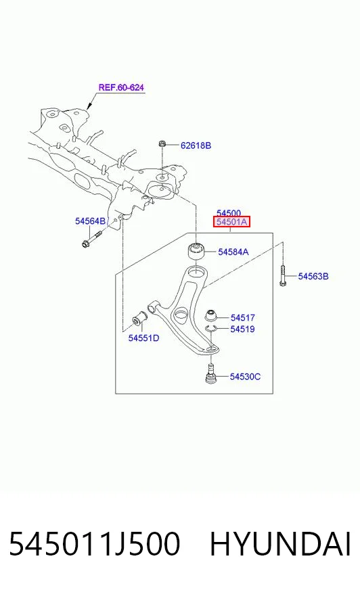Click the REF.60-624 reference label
tap(121, 87)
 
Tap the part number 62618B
tap(196, 145)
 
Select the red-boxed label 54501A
tap(231, 222)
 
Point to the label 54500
tap(229, 213)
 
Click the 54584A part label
tap(233, 252)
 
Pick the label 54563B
tap(313, 277)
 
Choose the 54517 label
tap(243, 318)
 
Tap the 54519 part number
tap(243, 330)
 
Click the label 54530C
tap(245, 377)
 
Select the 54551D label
tap(143, 338)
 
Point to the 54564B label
tap(90, 221)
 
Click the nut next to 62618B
tap(162, 143)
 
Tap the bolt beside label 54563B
tap(284, 275)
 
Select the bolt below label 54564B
tap(91, 240)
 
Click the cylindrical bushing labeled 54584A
tap(196, 251)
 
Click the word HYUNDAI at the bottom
tap(280, 545)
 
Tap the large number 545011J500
tap(95, 545)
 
